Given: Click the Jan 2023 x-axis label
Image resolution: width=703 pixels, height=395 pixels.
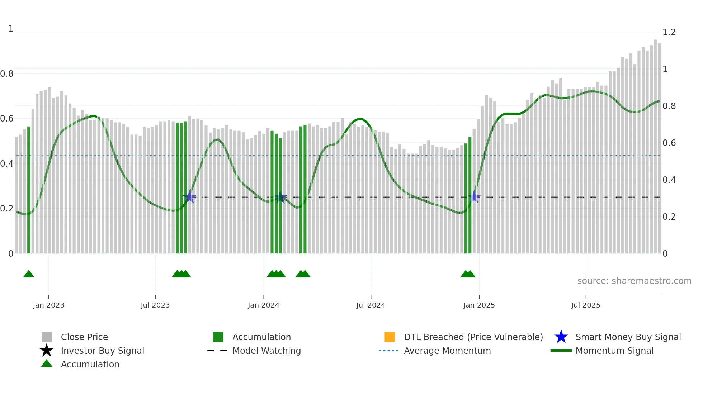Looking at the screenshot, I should point(48,305).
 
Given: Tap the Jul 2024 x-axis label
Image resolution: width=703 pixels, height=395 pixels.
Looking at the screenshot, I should point(371,305).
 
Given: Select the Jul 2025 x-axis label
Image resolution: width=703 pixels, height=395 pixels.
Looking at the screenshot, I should point(585,305).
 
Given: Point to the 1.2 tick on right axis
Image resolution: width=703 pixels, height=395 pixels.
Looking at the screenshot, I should point(669,32).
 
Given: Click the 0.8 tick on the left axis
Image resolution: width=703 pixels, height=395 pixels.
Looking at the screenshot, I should point(7,74).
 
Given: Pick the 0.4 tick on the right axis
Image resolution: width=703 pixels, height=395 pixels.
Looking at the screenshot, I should point(669,180).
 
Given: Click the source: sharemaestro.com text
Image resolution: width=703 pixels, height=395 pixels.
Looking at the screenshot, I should point(634,281).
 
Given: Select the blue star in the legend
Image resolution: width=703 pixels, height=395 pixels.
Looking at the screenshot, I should point(561,337).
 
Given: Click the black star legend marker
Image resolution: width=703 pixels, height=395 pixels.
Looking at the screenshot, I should point(47,351).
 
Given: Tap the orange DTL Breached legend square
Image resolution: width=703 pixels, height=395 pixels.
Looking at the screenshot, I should point(390,337).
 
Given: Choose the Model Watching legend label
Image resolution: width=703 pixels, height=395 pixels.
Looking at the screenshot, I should point(266,351).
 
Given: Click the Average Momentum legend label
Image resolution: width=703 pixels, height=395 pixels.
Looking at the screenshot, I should point(447,351).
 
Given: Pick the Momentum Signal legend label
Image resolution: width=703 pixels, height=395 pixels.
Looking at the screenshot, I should point(614,351).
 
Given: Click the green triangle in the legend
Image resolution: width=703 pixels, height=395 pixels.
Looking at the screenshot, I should point(47,363).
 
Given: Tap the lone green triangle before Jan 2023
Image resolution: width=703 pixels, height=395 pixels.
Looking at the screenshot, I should point(29,274).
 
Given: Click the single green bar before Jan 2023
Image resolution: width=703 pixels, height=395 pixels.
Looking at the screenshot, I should point(29,190).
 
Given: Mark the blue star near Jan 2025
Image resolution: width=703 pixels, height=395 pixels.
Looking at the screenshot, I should point(474,197).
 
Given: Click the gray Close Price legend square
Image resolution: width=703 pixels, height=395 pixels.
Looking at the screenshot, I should point(47,337).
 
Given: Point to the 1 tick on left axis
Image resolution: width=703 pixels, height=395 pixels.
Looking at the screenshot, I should point(11,29).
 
